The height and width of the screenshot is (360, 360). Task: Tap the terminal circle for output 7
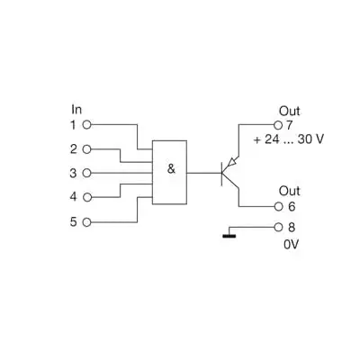[x=277, y=124]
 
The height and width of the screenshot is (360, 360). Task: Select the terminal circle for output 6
[x=277, y=206]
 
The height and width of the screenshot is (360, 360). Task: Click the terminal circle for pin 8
[x=277, y=228]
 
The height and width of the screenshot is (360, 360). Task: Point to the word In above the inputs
[x=76, y=109]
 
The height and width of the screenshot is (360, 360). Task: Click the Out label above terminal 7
[x=288, y=110]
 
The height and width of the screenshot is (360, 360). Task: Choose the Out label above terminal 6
[x=288, y=191]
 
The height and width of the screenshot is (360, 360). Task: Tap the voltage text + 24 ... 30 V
[x=289, y=139]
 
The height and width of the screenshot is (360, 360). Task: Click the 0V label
[x=290, y=244]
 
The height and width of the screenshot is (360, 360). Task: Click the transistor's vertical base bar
[x=220, y=172]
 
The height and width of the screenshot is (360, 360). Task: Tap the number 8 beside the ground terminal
[x=290, y=228]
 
